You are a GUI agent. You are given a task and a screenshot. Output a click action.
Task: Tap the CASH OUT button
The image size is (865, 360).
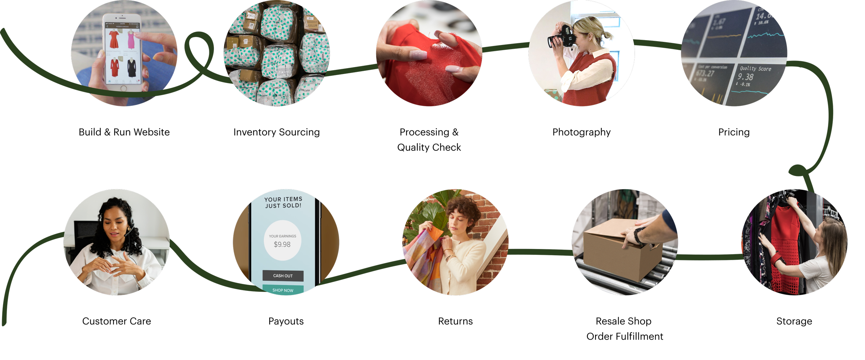coord(283,276)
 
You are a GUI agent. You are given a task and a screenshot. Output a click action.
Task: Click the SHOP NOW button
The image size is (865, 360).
coord(283,290)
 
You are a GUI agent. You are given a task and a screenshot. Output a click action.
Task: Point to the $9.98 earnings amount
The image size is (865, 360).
coord(282,244)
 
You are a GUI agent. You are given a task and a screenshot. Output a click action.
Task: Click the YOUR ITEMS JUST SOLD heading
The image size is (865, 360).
coord(283,202)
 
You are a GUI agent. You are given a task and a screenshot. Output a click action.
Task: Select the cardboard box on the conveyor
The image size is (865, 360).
coord(619,249)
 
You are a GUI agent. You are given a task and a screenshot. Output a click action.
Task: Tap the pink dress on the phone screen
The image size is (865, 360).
coord(131,39)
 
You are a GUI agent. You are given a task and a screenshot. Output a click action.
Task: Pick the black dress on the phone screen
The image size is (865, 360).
coord(131,68)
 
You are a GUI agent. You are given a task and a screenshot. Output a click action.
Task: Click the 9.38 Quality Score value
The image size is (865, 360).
coord(746,77)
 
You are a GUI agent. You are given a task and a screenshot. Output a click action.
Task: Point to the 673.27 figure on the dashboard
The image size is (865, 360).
coord(705,73)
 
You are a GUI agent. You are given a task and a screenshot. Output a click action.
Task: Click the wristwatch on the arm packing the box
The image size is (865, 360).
coord(638,234)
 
